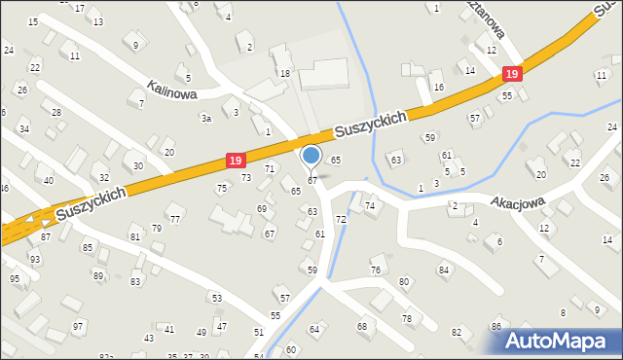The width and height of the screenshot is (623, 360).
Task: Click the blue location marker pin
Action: (311, 156)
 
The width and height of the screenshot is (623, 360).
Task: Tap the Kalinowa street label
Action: (173, 89)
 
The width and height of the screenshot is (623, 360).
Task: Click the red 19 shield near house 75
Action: (235, 159)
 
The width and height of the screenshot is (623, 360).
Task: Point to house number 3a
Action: (205, 118)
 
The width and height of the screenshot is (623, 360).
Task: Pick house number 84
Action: (444, 270)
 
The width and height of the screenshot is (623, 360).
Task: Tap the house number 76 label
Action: (376, 270)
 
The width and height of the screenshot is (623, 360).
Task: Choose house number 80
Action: (404, 282)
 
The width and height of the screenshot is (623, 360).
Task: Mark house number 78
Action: (407, 318)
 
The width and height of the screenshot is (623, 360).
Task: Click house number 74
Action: (370, 205)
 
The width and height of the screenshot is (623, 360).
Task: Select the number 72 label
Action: (341, 220)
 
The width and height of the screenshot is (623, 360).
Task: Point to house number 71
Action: (269, 169)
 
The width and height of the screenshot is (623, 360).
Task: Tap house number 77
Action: (175, 219)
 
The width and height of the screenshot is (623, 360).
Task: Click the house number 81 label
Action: (134, 237)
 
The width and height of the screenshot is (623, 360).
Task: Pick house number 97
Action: (78, 326)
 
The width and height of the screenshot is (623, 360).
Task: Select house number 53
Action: (217, 298)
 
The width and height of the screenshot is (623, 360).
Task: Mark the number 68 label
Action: (362, 326)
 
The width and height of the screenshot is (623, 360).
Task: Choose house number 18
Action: (285, 74)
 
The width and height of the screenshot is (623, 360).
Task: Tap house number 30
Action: (138, 166)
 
